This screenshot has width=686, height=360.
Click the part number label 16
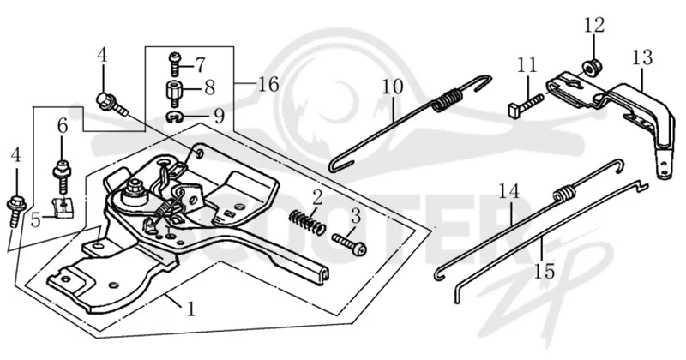(268, 84)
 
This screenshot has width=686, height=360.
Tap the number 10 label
(393, 87)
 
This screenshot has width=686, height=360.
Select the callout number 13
(642, 57)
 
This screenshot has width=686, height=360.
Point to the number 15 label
(544, 271)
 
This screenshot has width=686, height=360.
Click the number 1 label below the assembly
(190, 309)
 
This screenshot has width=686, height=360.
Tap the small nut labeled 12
(593, 66)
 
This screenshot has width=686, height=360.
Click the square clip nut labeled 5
(63, 207)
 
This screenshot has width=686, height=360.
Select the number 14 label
(509, 192)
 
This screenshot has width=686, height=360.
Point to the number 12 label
(594, 25)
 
